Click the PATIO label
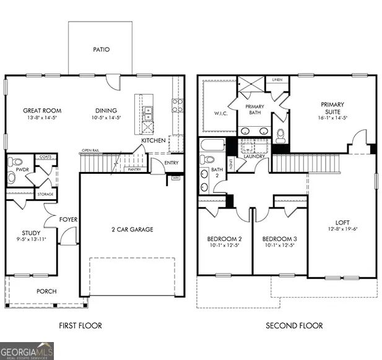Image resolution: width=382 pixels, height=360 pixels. pyautogui.click(x=101, y=49)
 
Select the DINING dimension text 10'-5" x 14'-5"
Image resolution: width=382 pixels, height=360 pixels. pyautogui.click(x=106, y=118)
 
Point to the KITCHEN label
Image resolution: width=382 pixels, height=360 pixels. pyautogui.click(x=153, y=141)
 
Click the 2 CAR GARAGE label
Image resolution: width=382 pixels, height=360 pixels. pyautogui.click(x=132, y=229)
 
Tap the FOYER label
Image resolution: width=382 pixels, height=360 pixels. pyautogui.click(x=67, y=219)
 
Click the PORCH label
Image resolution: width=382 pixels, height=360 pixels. pyautogui.click(x=46, y=291)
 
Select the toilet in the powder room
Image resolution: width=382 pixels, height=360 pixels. pyautogui.click(x=12, y=177)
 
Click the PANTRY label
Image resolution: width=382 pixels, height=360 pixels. pyautogui.click(x=134, y=169)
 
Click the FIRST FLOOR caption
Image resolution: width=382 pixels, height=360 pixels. pyautogui.click(x=80, y=325)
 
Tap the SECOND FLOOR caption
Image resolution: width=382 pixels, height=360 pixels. pyautogui.click(x=294, y=325)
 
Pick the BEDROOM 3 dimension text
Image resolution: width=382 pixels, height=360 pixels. pyautogui.click(x=279, y=246)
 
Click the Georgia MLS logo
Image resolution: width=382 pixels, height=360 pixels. pyautogui.click(x=27, y=349)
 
